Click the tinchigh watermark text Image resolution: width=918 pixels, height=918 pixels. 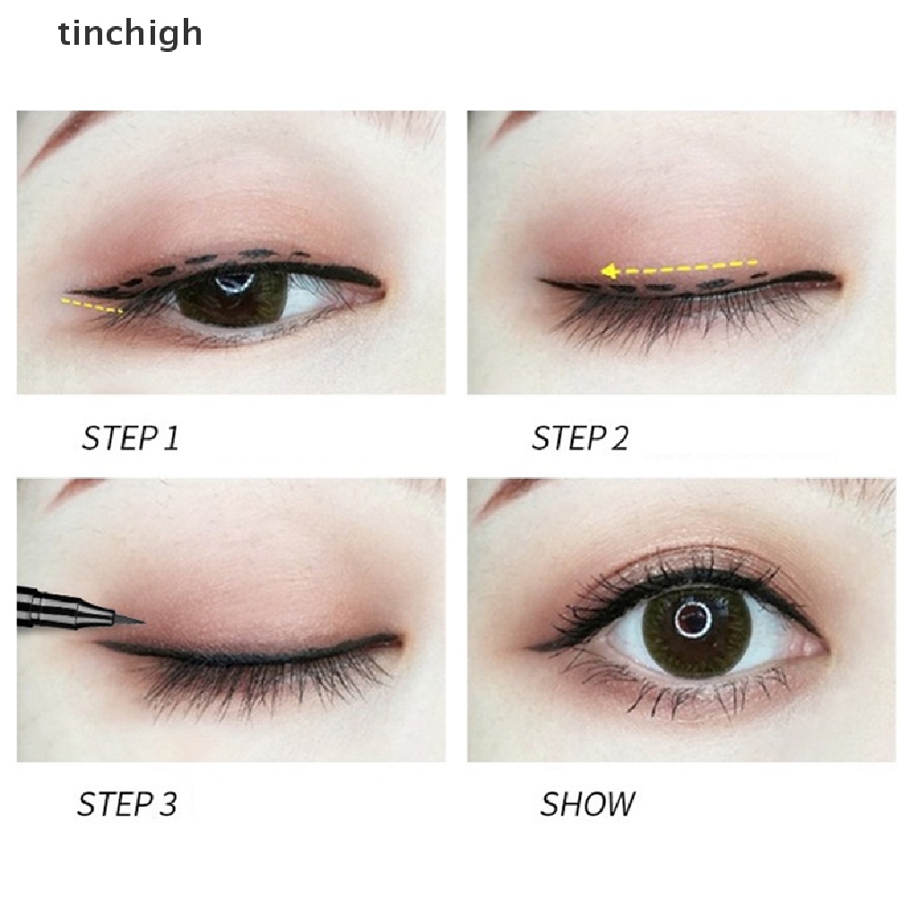click(x=130, y=34)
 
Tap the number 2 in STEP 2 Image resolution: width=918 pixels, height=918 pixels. click(x=617, y=438)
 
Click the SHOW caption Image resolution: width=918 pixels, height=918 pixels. click(x=587, y=803)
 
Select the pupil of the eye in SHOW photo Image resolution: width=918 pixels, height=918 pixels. click(x=690, y=618)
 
